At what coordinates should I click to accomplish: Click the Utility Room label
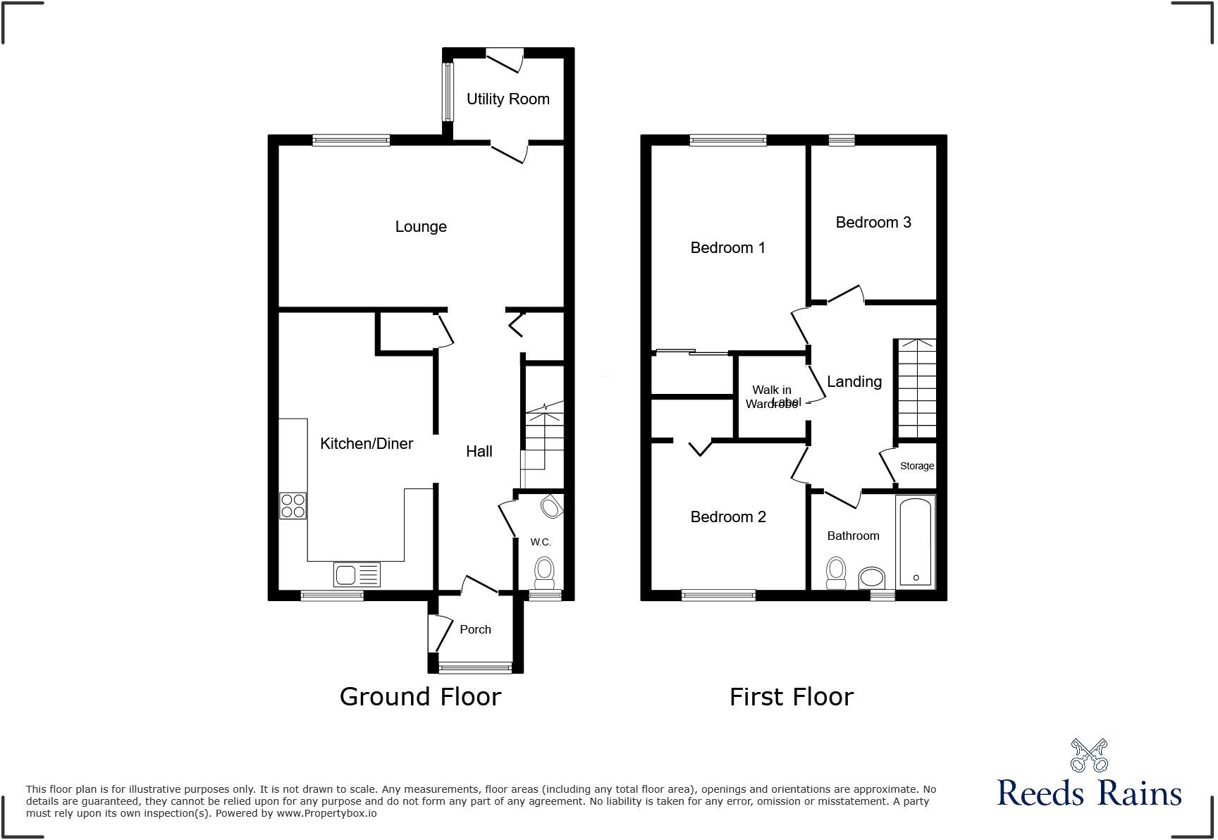pyautogui.click(x=508, y=99)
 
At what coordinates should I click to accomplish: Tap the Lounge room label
pyautogui.click(x=421, y=227)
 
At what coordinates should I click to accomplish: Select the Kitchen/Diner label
pyautogui.click(x=367, y=444)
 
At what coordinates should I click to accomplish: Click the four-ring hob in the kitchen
pyautogui.click(x=293, y=505)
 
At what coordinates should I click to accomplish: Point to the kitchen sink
pyautogui.click(x=357, y=575)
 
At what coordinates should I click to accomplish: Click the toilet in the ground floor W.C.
pyautogui.click(x=545, y=572)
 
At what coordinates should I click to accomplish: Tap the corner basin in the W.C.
pyautogui.click(x=552, y=507)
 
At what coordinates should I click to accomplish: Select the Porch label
pyautogui.click(x=475, y=630)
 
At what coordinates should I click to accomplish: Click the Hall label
pyautogui.click(x=479, y=452)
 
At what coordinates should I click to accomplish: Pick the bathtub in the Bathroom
pyautogui.click(x=916, y=541)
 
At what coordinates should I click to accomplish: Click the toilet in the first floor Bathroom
pyautogui.click(x=836, y=573)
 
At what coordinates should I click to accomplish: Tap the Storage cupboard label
pyautogui.click(x=917, y=466)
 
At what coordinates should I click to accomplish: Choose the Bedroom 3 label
pyautogui.click(x=873, y=223)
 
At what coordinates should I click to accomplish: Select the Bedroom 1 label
pyautogui.click(x=727, y=248)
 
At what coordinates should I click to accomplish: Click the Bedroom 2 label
pyautogui.click(x=728, y=517)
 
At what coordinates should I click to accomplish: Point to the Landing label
pyautogui.click(x=854, y=382)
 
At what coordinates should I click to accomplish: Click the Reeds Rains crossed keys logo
pyautogui.click(x=1089, y=755)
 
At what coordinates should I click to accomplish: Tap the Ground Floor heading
pyautogui.click(x=420, y=697)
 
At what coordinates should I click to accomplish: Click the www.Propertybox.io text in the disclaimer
pyautogui.click(x=326, y=813)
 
